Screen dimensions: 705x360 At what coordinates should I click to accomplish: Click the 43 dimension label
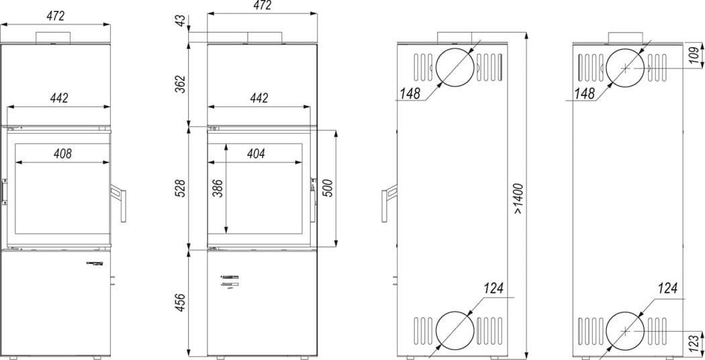(x=181, y=21)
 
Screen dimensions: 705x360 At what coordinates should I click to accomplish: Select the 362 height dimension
(x=181, y=84)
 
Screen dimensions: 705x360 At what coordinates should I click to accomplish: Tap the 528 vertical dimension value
(x=181, y=189)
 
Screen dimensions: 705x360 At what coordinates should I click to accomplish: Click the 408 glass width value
(x=62, y=154)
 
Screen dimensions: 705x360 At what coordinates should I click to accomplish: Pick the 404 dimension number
(x=256, y=154)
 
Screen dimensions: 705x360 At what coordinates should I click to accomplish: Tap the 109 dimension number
(x=695, y=56)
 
